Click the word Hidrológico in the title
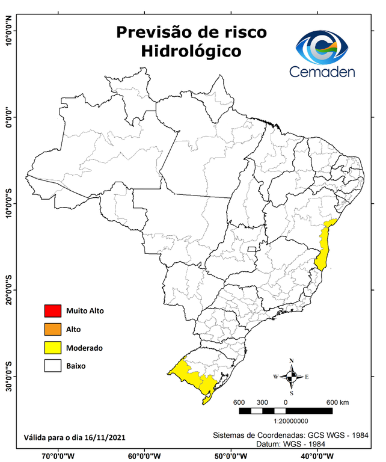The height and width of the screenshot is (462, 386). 191,51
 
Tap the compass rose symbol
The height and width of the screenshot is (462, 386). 291,377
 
